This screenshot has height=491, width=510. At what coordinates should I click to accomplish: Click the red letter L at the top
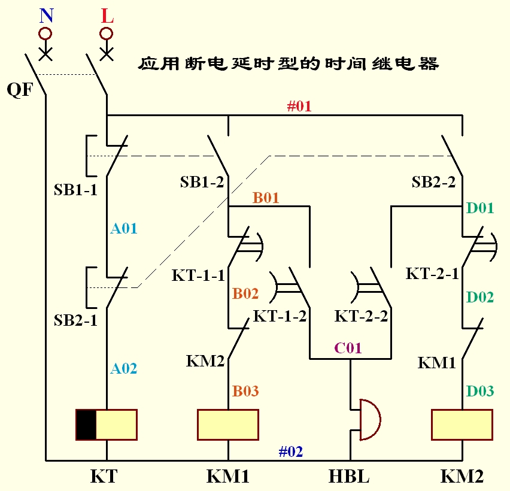(x=107, y=16)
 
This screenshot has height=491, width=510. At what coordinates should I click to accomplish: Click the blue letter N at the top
(x=46, y=16)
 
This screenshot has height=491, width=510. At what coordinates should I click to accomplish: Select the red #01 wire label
(x=299, y=107)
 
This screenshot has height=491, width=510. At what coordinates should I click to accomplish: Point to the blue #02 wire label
(x=291, y=451)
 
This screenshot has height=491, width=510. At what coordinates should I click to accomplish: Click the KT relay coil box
(x=107, y=425)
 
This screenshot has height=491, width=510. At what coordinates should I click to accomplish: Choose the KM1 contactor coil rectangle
(x=228, y=425)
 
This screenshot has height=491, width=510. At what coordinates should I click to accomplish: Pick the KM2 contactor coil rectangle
(x=462, y=425)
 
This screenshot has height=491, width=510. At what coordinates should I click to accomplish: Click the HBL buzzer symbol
(x=368, y=420)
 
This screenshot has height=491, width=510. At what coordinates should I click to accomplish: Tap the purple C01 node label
(x=348, y=348)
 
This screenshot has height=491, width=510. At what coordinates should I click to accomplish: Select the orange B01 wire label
(x=266, y=198)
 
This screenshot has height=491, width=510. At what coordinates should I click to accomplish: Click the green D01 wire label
(x=480, y=208)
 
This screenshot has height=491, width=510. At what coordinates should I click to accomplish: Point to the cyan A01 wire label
(x=124, y=228)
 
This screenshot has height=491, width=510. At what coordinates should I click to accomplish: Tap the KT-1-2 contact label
(x=280, y=316)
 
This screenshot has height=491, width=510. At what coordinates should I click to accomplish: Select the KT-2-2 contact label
(x=361, y=316)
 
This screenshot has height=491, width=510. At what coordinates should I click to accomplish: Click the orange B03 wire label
(x=245, y=392)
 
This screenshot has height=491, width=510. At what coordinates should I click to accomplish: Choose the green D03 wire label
(x=480, y=392)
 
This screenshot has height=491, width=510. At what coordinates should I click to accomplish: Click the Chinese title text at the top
(x=289, y=63)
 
